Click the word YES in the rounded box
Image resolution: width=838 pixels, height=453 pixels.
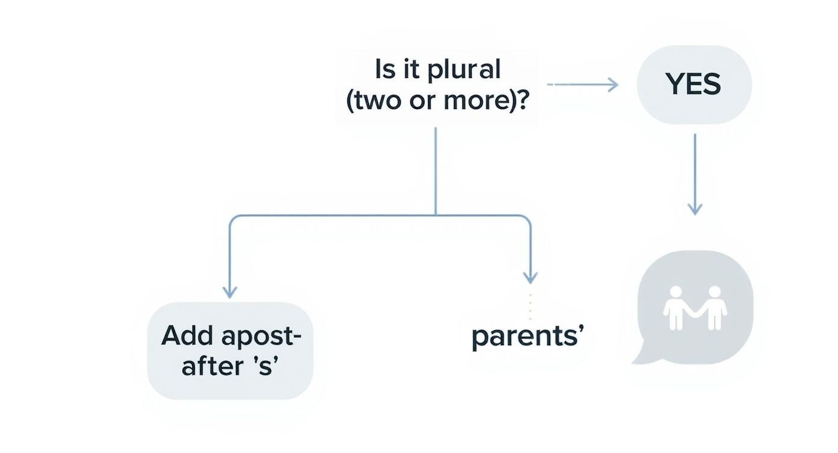pyautogui.click(x=694, y=86)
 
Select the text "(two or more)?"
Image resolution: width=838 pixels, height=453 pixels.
pyautogui.click(x=437, y=100)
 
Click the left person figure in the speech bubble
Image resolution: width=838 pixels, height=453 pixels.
pyautogui.click(x=675, y=307)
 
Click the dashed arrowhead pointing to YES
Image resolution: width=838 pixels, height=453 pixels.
pyautogui.click(x=613, y=85)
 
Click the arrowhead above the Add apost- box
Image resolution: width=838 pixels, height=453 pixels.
pyautogui.click(x=229, y=292)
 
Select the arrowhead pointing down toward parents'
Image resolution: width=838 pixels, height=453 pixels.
pyautogui.click(x=530, y=278)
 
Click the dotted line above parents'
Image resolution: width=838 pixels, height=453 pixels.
pyautogui.click(x=530, y=306)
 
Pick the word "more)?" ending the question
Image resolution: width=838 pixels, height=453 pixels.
pyautogui.click(x=495, y=100)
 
